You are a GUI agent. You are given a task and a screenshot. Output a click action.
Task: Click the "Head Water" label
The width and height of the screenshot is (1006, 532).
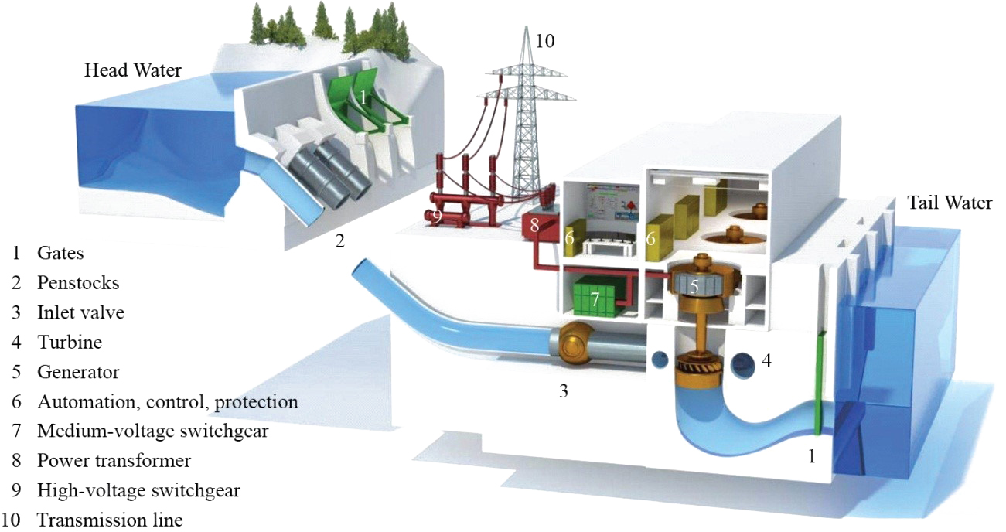click(x=133, y=70)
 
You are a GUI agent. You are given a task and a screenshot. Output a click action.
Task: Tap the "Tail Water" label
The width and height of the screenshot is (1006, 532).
click(x=950, y=203)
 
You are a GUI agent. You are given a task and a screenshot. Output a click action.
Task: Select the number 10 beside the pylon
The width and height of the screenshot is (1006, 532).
click(x=545, y=41)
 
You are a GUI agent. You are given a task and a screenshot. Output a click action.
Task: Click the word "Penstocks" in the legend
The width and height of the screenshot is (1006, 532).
click(x=78, y=283)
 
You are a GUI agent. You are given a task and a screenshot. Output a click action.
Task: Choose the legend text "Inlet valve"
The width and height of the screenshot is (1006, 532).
click(x=81, y=312)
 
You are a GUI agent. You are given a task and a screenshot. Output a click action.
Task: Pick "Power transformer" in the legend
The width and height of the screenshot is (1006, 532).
click(x=114, y=461)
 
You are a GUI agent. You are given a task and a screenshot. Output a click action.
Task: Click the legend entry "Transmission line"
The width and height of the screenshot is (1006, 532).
click(x=110, y=520)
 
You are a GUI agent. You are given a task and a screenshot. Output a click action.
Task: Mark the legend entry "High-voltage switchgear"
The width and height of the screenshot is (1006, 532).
click(x=138, y=491)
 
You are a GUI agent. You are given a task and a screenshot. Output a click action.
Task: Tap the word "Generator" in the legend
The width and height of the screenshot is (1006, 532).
click(x=78, y=372)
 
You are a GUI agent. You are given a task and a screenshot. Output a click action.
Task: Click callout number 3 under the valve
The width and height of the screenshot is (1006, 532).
click(x=564, y=391)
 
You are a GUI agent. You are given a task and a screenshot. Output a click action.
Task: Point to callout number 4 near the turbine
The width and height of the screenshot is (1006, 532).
click(x=766, y=360)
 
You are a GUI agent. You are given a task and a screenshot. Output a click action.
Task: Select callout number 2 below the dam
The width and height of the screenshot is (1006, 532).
click(x=340, y=241)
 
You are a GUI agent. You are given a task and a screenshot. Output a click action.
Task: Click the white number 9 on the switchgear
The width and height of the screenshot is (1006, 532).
click(x=436, y=217)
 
